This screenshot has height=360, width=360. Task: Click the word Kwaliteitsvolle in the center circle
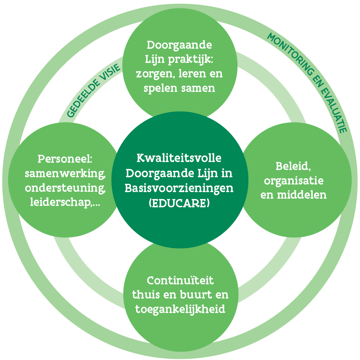point(179,158)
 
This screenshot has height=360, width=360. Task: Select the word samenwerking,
point(65,173)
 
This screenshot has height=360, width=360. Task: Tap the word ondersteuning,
point(65,188)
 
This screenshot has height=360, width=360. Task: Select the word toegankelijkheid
point(180,309)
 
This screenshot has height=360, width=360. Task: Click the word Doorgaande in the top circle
point(179,45)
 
